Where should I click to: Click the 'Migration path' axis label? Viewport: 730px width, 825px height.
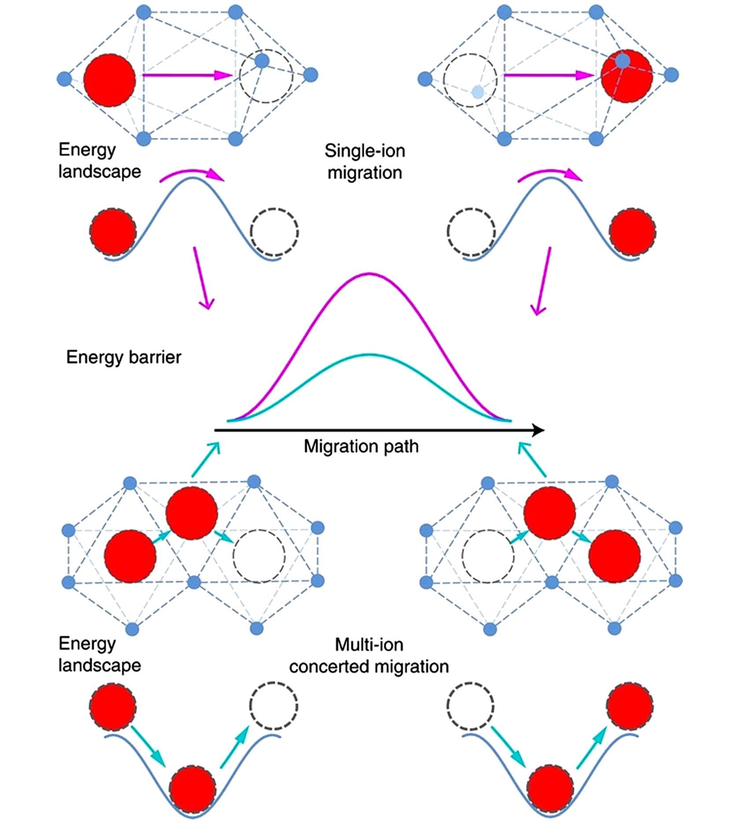coord(361,447)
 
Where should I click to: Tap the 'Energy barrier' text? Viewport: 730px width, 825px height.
coord(123,357)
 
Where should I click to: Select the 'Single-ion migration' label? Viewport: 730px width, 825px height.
coord(365,162)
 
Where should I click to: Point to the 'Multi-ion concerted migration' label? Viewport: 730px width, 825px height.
coord(369,656)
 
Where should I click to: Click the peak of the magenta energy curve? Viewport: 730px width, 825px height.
coord(369,274)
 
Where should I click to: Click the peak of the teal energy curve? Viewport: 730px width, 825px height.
coord(369,355)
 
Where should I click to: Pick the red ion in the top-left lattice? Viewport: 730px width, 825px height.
coord(110,80)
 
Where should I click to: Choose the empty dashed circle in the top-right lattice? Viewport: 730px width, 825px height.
coord(470,80)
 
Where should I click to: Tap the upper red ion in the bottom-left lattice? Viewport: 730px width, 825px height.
coord(192,513)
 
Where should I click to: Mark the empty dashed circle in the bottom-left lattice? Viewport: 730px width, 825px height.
coord(259,556)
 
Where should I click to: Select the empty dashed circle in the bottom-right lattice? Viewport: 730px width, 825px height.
coord(488,556)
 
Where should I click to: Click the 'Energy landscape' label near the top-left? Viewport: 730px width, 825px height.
coord(100,160)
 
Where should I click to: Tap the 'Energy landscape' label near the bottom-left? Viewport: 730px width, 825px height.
coord(100,654)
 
